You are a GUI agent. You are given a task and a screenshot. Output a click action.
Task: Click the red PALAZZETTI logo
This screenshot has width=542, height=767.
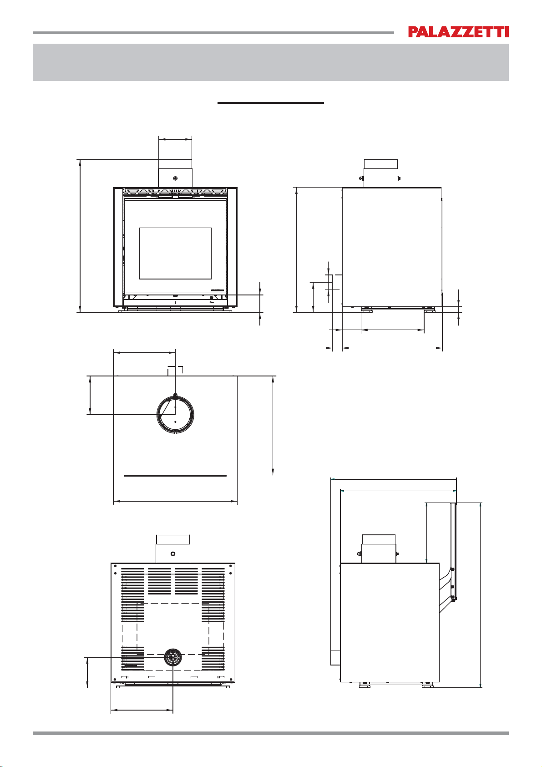click(458, 32)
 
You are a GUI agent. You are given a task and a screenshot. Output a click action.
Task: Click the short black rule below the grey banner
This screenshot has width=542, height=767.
click(270, 102)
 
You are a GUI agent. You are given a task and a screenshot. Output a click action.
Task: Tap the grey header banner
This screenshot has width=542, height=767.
click(270, 62)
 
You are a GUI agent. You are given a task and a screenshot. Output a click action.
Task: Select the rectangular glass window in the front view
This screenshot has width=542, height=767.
click(175, 253)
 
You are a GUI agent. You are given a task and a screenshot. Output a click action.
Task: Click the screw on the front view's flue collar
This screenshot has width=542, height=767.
click(175, 178)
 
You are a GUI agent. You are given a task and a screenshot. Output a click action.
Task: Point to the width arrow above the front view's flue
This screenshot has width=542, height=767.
click(175, 139)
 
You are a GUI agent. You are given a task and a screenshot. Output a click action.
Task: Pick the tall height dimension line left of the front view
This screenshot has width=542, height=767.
click(80, 236)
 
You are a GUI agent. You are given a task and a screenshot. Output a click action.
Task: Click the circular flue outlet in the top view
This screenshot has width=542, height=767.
click(175, 414)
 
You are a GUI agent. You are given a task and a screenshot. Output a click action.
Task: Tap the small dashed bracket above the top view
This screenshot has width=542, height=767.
click(175, 369)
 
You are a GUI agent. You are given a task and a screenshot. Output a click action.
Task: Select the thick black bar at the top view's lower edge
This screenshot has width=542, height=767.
click(175, 476)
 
